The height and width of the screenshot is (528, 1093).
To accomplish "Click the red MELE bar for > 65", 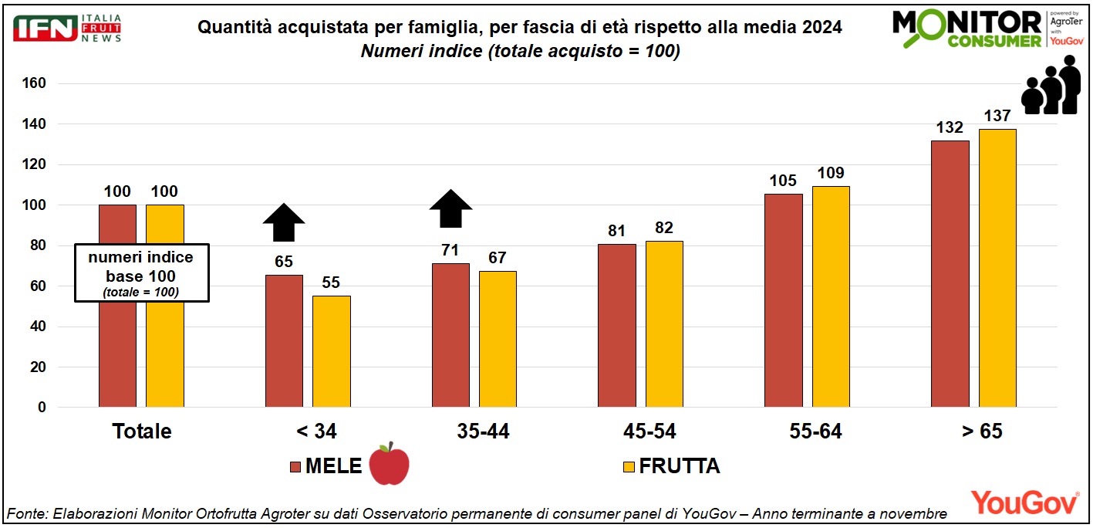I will (x=950, y=274).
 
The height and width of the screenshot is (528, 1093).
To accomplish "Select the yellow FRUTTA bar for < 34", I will (x=332, y=351).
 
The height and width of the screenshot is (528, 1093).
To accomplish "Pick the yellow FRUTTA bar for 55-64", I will (x=831, y=296).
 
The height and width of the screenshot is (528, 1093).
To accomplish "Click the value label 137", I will (x=998, y=117).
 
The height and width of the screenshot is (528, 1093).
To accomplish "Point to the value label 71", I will (x=450, y=250).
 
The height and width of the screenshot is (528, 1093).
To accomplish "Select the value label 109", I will (x=832, y=173).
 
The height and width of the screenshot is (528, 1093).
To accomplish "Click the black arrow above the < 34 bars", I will (x=284, y=223).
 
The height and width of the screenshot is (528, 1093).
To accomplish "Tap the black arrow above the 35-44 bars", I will (x=450, y=208).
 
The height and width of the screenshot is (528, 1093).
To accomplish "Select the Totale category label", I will (x=142, y=432).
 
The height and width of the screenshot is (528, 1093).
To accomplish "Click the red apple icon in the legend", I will (x=389, y=464).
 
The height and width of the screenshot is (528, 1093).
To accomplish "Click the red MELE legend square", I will (x=295, y=466).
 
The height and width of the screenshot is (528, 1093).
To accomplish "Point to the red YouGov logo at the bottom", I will (x=1024, y=503).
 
